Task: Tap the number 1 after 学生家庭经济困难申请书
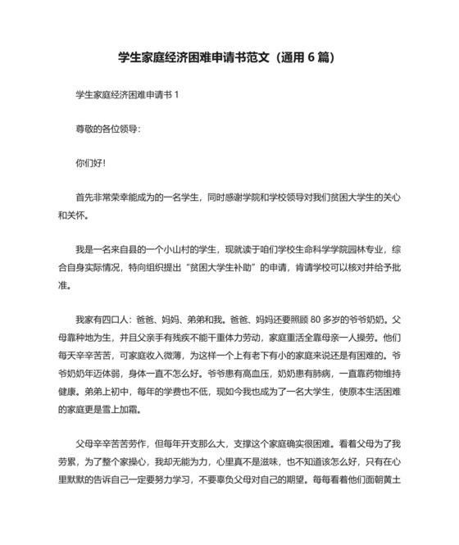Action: coord(176,95)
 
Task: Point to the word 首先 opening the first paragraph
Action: coord(84,198)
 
